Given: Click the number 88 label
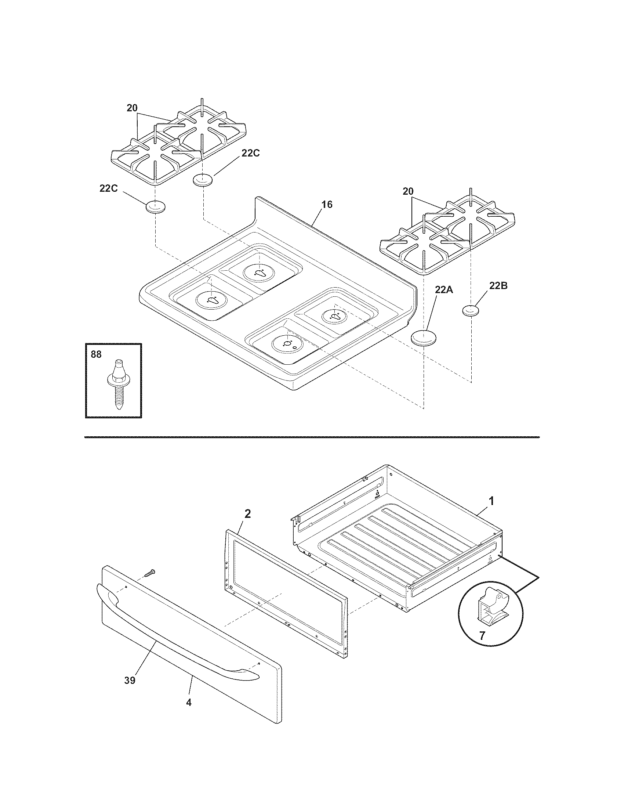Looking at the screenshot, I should click(96, 354).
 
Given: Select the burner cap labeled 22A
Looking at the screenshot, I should click(424, 338).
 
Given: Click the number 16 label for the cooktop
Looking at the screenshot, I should click(327, 204).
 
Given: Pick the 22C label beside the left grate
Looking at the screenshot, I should click(108, 188).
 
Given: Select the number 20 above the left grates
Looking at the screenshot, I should click(132, 108).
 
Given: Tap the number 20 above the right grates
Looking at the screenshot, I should click(408, 191).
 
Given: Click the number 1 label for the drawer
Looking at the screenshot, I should click(491, 501).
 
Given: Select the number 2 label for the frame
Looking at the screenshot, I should click(248, 513).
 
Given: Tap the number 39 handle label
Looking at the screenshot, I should click(130, 680).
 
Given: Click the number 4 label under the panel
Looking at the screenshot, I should click(189, 703).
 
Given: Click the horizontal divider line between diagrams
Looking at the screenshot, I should click(312, 437).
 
